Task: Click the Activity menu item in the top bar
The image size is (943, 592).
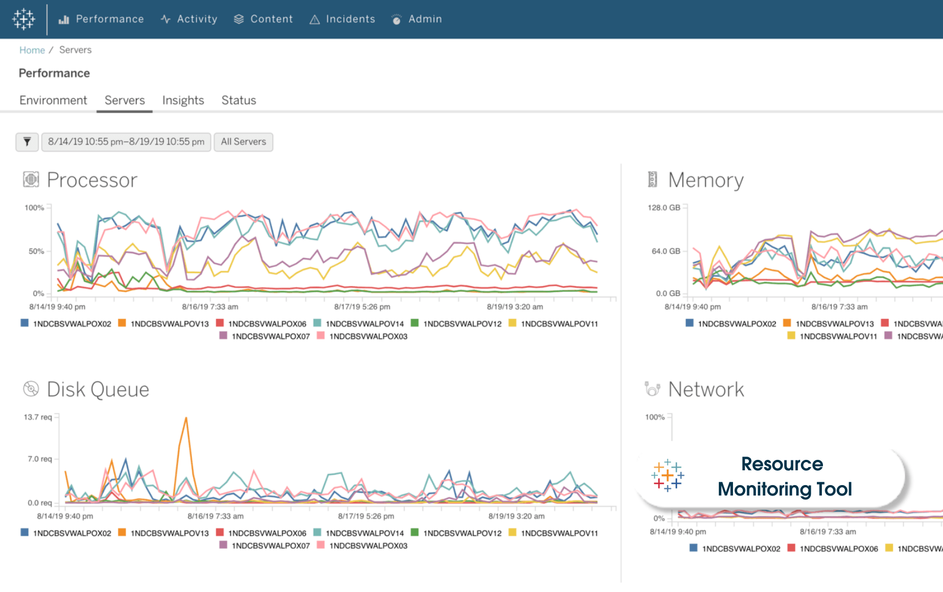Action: click(x=189, y=19)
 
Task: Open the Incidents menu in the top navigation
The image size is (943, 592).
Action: click(x=343, y=19)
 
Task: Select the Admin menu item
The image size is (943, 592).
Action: click(x=417, y=19)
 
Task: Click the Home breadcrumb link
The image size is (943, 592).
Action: click(x=32, y=50)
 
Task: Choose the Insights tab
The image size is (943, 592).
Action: click(x=183, y=100)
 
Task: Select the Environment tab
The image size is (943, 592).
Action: click(x=53, y=100)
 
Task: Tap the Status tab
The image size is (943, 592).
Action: click(x=238, y=100)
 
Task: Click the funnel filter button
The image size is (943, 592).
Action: click(x=27, y=142)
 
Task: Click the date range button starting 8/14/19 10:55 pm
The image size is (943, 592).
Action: click(x=126, y=142)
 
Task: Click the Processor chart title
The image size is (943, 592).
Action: click(x=92, y=180)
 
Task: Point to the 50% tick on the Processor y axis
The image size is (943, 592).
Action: click(x=36, y=251)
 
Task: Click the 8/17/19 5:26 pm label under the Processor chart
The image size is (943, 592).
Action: click(x=362, y=307)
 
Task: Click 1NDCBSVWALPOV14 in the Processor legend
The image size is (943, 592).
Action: click(x=364, y=324)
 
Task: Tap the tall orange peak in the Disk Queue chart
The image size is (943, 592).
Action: click(x=186, y=419)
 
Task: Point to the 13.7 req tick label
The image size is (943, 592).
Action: click(x=38, y=417)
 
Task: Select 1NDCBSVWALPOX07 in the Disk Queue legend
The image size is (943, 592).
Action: click(x=270, y=546)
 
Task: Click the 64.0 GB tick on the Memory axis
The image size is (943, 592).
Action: click(x=666, y=251)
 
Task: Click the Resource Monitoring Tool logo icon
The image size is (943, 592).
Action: click(x=667, y=475)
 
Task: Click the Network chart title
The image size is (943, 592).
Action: click(x=706, y=390)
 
